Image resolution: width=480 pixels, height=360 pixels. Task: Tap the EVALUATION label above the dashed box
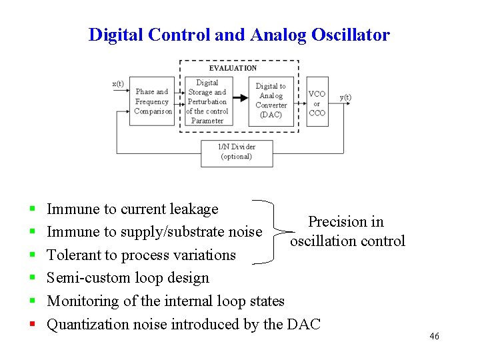233,68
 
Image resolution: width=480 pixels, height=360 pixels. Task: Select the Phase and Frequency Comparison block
153,101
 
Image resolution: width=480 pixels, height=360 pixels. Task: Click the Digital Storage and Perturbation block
207,101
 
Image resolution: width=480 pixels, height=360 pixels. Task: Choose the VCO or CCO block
317,103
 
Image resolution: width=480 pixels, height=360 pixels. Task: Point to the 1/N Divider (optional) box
237,152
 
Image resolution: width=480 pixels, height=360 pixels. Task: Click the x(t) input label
118,83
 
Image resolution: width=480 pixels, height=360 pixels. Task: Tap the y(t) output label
346,97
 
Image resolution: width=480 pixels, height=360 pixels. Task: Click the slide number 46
434,337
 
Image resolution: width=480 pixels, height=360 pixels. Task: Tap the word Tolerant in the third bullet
74,255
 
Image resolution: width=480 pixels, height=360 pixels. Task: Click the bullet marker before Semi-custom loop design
33,278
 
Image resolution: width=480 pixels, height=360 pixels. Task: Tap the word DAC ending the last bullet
303,325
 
